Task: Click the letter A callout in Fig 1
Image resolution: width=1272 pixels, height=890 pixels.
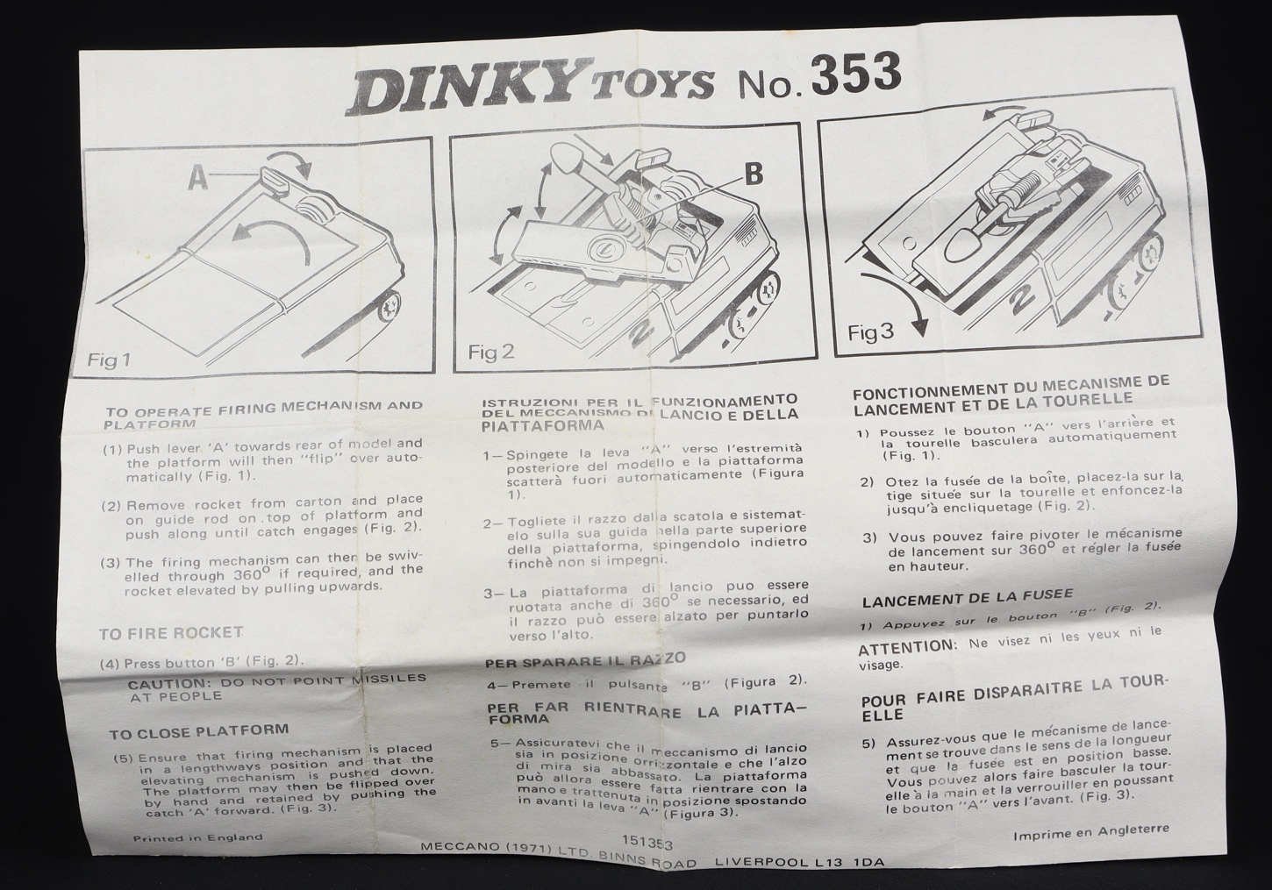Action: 198,177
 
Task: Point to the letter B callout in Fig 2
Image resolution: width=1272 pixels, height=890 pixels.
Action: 753,174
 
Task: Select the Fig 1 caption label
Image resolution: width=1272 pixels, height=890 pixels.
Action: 109,360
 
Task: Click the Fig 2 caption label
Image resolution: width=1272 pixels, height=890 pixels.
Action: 491,352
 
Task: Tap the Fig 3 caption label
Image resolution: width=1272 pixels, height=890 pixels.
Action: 870,332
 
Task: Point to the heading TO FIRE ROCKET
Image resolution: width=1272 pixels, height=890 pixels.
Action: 171,633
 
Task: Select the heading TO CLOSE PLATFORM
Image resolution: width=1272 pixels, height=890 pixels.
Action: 199,732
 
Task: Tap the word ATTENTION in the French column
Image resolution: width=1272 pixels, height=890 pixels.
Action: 907,646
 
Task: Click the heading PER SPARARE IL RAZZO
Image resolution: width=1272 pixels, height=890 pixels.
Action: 585,660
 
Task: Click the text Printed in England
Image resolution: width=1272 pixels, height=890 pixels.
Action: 197,837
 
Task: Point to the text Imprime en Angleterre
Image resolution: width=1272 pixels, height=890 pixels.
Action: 1091,832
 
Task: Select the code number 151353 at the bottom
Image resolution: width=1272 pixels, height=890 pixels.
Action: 647,843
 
